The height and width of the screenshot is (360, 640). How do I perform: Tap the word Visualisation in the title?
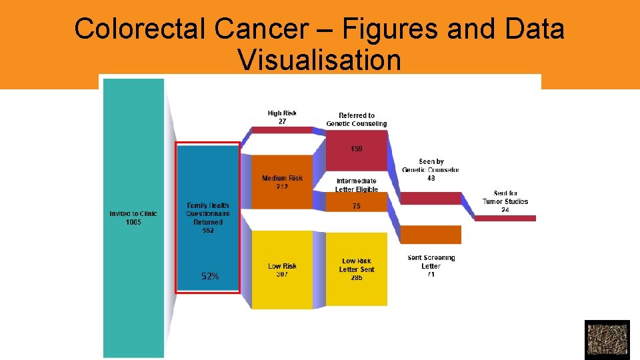coord(319,60)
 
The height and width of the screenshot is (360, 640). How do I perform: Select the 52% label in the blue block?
coord(210,276)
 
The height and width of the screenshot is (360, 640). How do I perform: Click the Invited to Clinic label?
coord(133,214)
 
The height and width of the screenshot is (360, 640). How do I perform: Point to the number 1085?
coord(133,223)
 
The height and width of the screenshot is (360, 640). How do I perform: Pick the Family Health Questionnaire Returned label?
coord(208,214)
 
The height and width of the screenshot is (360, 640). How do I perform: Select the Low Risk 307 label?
coord(282,270)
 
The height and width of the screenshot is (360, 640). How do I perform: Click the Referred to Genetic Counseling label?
coord(356,119)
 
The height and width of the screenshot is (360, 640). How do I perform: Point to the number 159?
coord(357,149)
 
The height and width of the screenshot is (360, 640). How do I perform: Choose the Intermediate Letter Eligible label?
coord(356,185)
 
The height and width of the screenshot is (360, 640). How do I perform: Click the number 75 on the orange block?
coord(357,207)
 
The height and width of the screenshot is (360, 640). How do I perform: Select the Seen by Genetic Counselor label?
coord(431,166)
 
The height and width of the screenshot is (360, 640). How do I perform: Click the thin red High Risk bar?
coord(282,130)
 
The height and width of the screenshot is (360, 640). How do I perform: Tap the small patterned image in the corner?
coord(607,340)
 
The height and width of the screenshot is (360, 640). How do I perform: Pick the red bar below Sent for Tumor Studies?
coord(505,218)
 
